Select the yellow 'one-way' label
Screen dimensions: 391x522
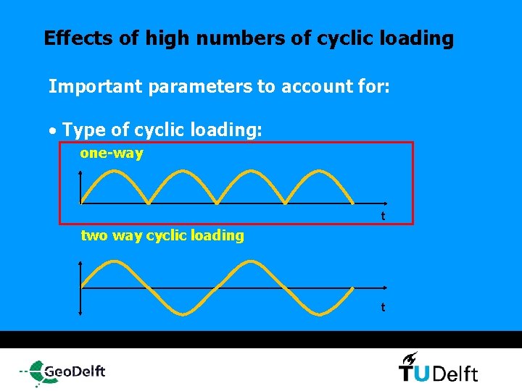pyautogui.click(x=112, y=154)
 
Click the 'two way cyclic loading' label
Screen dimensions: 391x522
pyautogui.click(x=162, y=235)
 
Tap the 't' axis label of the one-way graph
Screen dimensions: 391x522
pyautogui.click(x=383, y=216)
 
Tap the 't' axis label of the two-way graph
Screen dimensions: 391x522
pyautogui.click(x=383, y=308)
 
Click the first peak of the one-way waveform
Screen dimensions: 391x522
pyautogui.click(x=115, y=172)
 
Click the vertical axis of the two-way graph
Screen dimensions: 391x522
pyautogui.click(x=80, y=287)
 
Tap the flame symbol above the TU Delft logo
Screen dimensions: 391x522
pyautogui.click(x=410, y=357)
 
